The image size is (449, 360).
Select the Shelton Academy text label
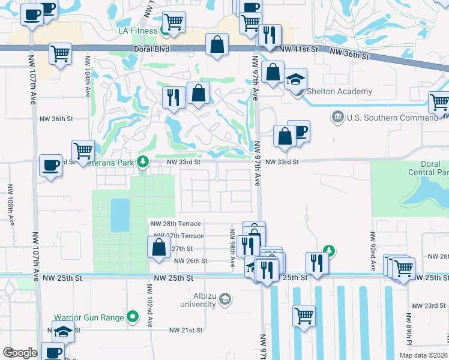tap(339, 92)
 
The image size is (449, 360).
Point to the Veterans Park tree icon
tap(143, 161)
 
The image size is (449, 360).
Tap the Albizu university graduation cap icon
tap(224, 299)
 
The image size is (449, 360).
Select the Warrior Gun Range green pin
tap(133, 316)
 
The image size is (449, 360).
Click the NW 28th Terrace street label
tap(177, 223)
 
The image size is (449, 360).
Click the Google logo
tap(20, 352)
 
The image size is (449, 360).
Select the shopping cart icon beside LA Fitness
tap(173, 22)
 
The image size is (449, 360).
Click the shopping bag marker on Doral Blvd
tap(217, 44)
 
